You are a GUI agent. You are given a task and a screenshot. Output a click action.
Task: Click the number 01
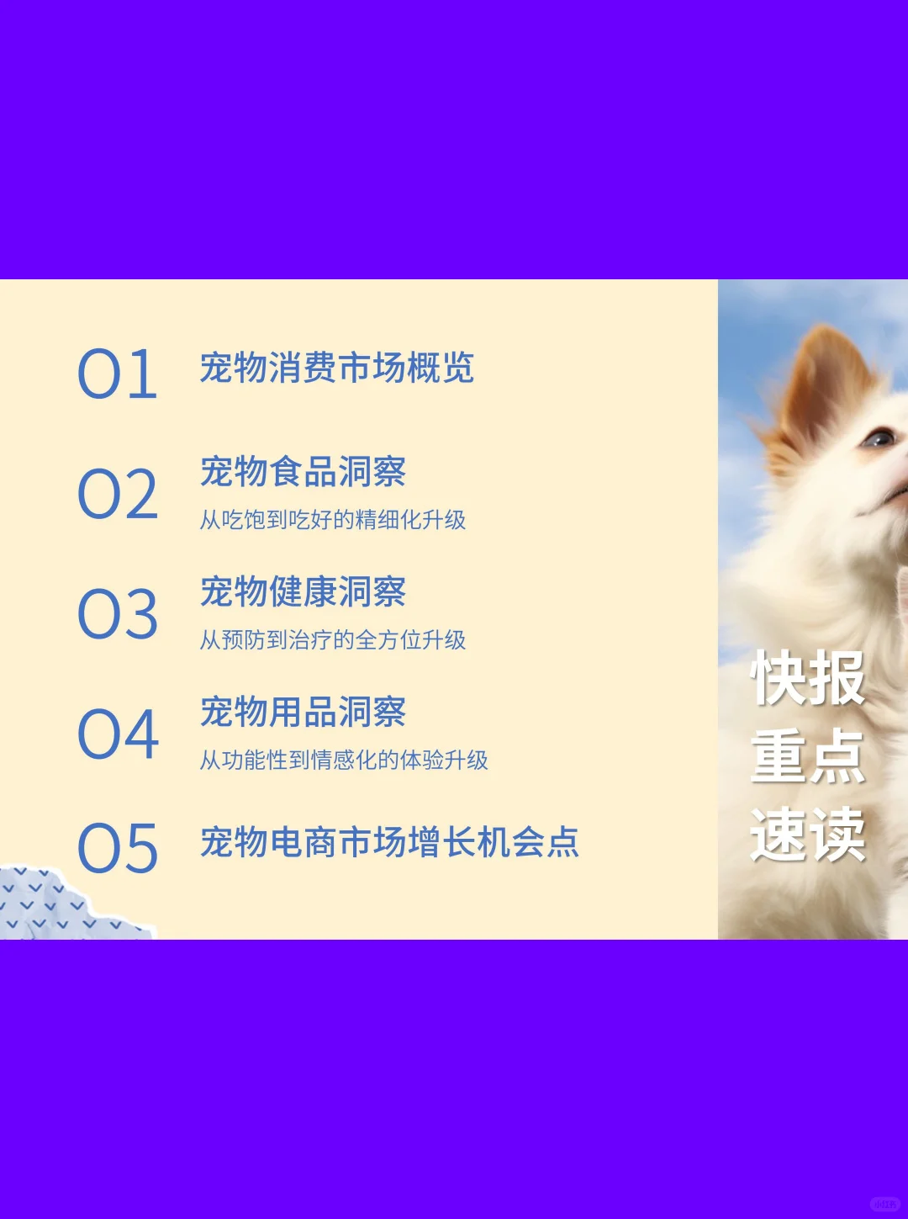[118, 374]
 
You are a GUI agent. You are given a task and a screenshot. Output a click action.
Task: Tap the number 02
[118, 495]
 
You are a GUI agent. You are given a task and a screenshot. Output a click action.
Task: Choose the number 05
[118, 848]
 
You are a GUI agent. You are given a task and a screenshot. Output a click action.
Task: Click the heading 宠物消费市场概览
[336, 368]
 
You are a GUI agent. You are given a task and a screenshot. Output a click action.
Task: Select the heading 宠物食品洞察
[303, 472]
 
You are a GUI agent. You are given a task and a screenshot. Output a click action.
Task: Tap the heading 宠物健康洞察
[303, 592]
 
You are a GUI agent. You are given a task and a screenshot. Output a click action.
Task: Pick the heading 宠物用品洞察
[303, 713]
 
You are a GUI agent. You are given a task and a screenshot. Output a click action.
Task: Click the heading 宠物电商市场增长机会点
[389, 842]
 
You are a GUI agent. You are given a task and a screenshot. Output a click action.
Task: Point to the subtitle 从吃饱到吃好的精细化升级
[332, 520]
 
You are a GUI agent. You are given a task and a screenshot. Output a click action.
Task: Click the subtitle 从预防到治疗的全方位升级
[332, 640]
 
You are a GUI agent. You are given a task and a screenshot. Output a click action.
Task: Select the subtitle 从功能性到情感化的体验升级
[343, 761]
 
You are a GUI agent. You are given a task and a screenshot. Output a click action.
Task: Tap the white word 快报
[807, 679]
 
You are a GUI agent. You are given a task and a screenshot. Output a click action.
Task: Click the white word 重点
[807, 757]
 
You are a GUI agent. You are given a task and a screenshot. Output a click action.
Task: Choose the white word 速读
[807, 835]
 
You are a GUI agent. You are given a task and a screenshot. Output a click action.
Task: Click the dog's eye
[879, 437]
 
